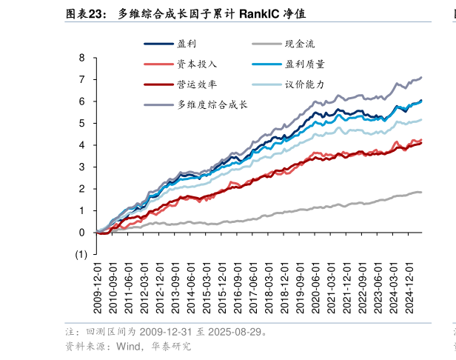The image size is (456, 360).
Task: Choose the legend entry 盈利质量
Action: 304,64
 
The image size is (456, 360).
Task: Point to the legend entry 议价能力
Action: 304,84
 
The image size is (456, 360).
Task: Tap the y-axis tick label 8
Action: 82,58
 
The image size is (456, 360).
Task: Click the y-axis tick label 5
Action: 82,123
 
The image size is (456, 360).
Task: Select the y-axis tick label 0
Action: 82,233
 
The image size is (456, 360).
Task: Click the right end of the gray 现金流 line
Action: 421,193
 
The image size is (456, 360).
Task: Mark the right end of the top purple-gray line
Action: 421,77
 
